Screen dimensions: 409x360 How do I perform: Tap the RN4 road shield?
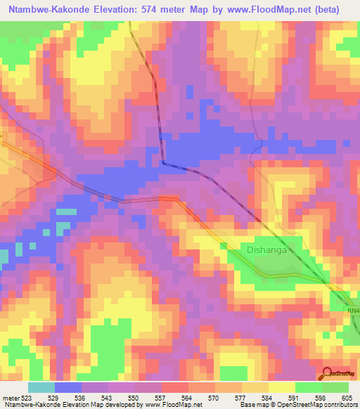pyautogui.click(x=353, y=311)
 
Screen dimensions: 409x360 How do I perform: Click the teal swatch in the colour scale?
pyautogui.click(x=41, y=387)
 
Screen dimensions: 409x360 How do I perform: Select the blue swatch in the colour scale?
pyautogui.click(x=68, y=387)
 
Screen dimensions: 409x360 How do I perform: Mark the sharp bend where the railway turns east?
pyautogui.click(x=163, y=162)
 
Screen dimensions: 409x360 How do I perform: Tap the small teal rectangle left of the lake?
pyautogui.click(x=66, y=212)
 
